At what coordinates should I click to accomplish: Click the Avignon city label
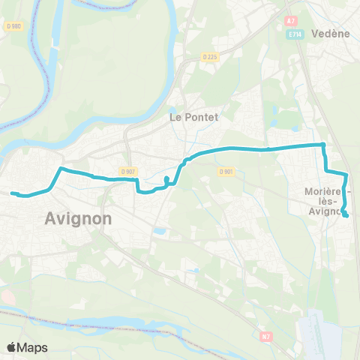click(x=78, y=218)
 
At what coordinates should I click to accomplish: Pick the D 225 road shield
click(x=209, y=56)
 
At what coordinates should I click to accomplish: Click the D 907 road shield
click(x=127, y=171)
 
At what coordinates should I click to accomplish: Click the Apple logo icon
click(x=13, y=346)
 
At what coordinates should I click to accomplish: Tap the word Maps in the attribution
click(x=34, y=346)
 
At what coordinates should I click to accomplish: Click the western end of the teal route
click(x=12, y=193)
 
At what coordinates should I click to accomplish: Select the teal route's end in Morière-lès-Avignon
click(x=346, y=216)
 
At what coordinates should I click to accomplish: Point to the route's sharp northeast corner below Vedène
click(x=322, y=145)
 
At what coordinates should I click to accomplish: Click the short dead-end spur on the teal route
click(x=166, y=178)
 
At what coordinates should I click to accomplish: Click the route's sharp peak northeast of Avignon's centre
click(x=60, y=169)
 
